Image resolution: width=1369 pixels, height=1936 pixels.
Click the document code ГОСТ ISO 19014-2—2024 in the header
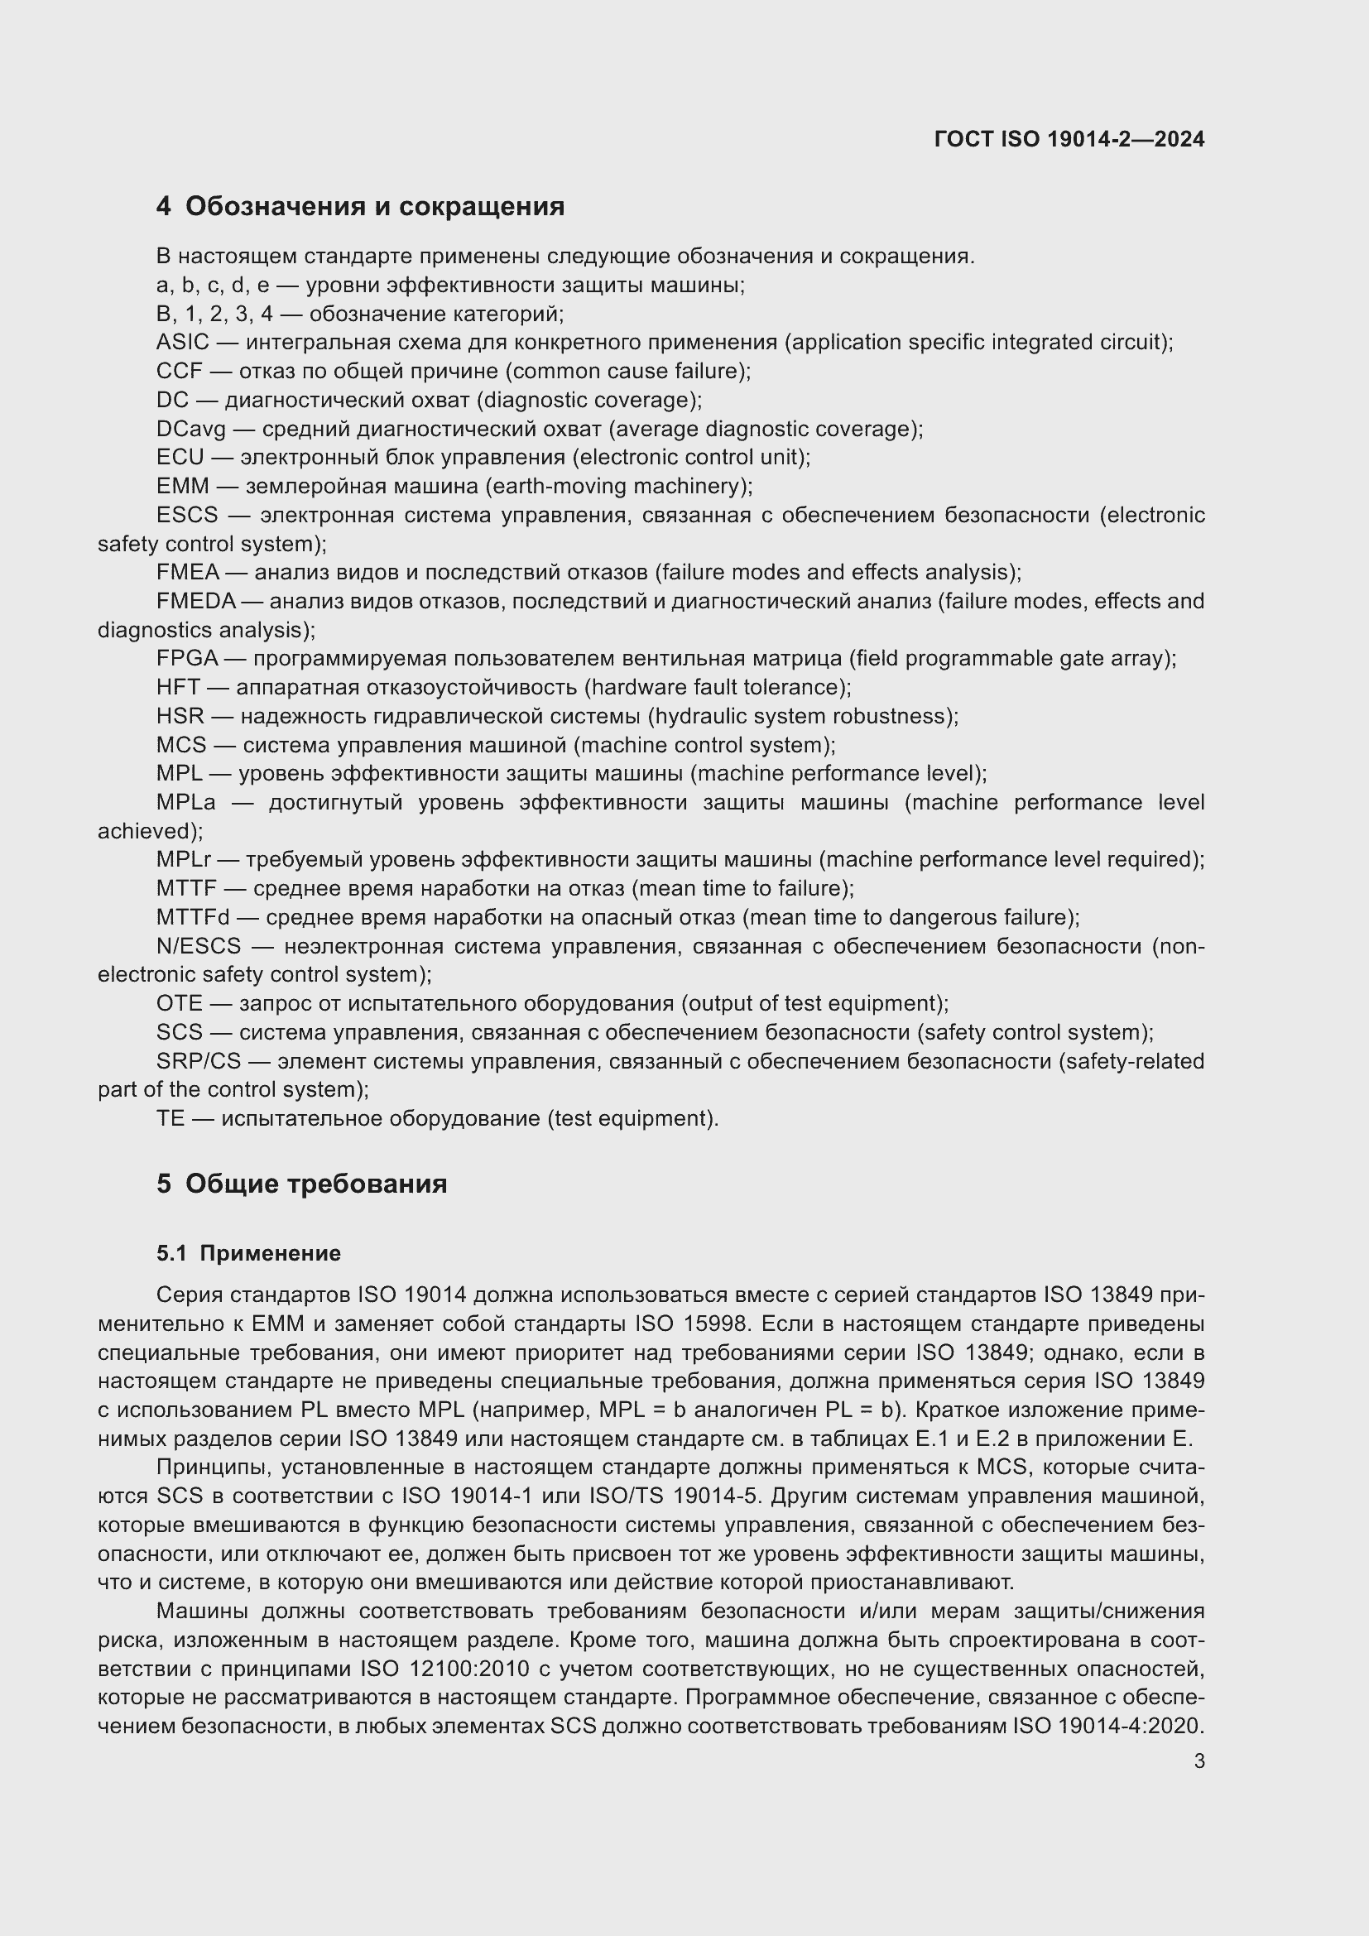[1069, 139]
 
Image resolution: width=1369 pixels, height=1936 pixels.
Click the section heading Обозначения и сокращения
[374, 207]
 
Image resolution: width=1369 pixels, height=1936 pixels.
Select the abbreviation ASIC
[182, 343]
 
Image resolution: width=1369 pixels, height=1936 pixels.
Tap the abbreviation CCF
[179, 371]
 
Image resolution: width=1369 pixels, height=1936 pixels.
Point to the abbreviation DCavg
[190, 430]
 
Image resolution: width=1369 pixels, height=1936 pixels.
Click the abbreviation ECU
[180, 457]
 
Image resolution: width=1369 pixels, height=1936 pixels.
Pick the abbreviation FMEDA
[195, 601]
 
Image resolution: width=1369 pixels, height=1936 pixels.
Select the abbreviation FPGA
[186, 659]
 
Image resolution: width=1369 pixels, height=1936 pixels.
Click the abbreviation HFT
[178, 687]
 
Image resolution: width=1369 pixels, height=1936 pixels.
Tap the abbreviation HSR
[180, 716]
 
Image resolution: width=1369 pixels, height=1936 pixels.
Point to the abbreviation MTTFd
[192, 917]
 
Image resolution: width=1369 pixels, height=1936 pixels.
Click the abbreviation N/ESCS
[198, 946]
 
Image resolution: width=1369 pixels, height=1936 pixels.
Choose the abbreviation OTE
[179, 1003]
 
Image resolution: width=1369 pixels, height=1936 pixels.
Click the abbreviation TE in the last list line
[170, 1119]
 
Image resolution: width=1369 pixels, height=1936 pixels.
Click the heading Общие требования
[315, 1184]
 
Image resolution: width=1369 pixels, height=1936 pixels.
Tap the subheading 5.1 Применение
[247, 1253]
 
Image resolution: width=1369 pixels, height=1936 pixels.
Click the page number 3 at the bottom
[1198, 1761]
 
